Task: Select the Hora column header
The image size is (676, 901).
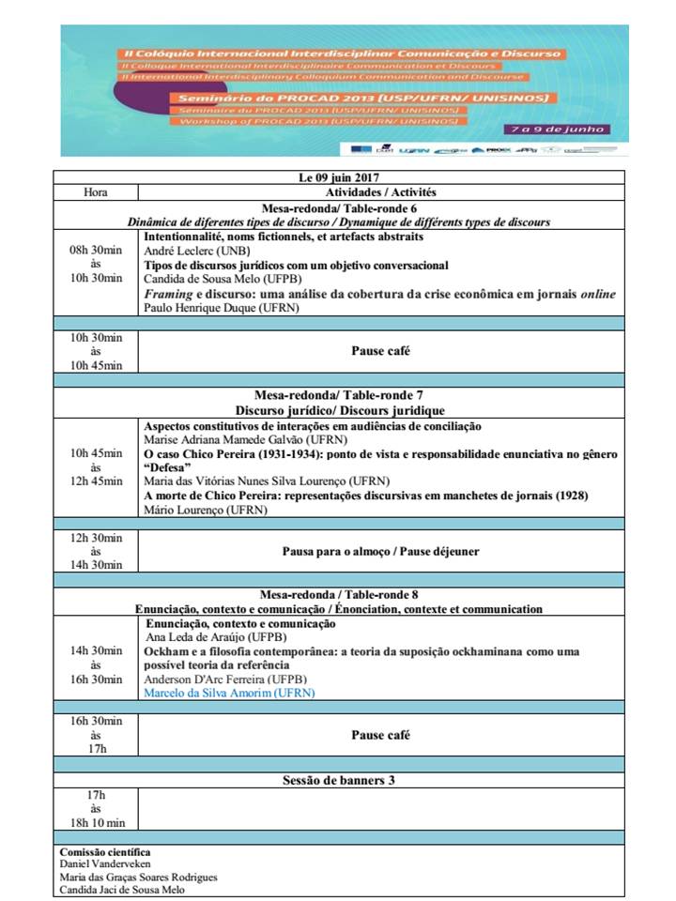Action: click(x=95, y=192)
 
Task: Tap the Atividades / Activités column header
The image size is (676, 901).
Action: click(x=380, y=192)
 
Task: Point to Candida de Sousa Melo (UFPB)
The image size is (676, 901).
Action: click(x=216, y=280)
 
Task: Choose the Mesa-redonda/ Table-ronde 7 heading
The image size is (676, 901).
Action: click(x=339, y=396)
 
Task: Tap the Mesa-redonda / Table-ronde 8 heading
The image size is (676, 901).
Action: click(x=338, y=595)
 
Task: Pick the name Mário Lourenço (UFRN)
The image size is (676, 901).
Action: click(x=205, y=510)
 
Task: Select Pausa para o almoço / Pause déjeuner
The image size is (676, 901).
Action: click(x=380, y=551)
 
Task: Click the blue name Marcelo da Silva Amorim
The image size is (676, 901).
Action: click(x=229, y=693)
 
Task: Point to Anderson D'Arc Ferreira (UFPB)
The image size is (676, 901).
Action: click(x=227, y=679)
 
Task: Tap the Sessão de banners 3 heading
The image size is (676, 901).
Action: click(x=338, y=780)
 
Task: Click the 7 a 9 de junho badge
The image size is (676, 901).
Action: click(x=567, y=128)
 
